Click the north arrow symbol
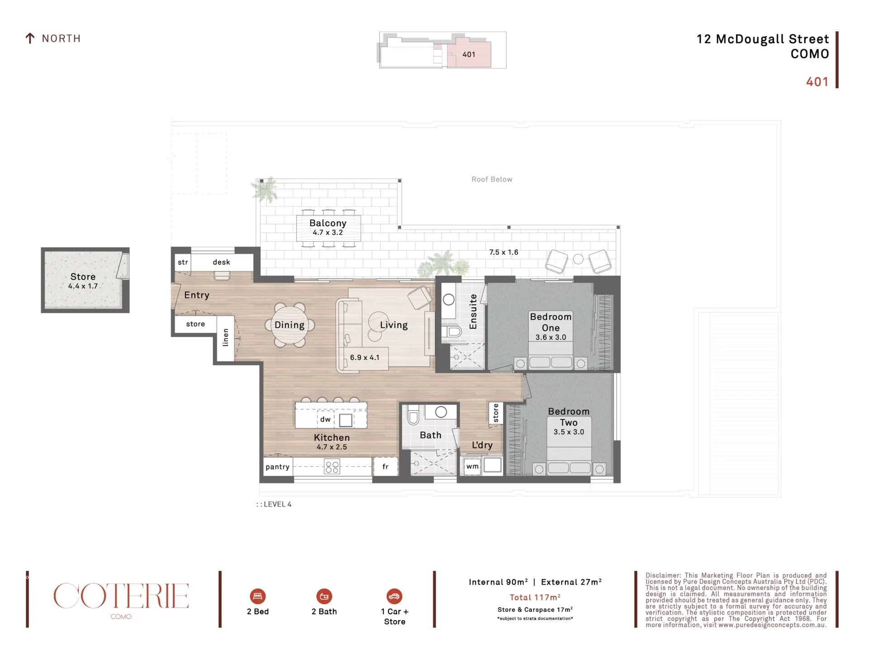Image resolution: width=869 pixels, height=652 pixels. coord(30,38)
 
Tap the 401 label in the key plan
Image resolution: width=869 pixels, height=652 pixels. coord(469,55)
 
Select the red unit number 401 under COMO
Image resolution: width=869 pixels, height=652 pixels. coord(817,82)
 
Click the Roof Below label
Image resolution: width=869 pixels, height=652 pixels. coord(492,179)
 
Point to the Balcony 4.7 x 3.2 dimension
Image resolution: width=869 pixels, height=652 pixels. coord(328,233)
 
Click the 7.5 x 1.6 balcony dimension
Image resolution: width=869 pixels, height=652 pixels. coord(504,252)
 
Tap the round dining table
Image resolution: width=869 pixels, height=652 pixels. coord(290,325)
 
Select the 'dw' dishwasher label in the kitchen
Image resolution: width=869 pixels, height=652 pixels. coord(325,419)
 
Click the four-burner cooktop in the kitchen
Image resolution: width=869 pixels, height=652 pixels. coord(332,467)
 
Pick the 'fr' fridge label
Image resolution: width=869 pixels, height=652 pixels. coord(386,466)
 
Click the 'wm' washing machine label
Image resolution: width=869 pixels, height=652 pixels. coord(473,466)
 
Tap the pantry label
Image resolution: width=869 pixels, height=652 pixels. coord(277,467)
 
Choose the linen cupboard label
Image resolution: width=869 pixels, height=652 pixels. coord(225,337)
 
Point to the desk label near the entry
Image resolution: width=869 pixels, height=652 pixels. coord(221,262)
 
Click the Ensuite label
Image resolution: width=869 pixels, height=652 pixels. coord(473,312)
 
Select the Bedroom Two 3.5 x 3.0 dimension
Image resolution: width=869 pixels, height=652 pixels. coord(569,432)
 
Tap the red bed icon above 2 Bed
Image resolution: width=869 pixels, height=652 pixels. coord(258,596)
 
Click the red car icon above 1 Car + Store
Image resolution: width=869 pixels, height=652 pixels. coord(394,596)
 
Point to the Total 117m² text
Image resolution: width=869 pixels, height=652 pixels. coord(535,597)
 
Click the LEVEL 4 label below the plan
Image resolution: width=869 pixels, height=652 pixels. coord(274,504)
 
